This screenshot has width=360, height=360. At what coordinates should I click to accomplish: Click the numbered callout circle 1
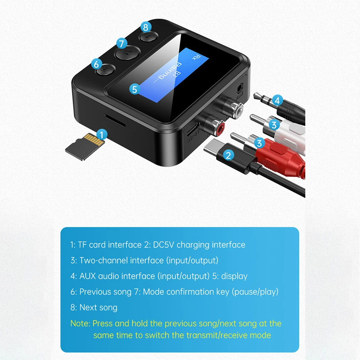tap(102, 134)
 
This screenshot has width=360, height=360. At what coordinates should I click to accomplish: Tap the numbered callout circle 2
tap(228, 155)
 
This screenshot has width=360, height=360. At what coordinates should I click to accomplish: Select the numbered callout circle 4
tap(277, 100)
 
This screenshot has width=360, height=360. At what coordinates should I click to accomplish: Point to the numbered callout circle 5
tap(135, 89)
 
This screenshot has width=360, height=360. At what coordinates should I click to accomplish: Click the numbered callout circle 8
tap(145, 27)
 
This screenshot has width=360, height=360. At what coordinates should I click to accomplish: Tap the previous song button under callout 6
tap(105, 69)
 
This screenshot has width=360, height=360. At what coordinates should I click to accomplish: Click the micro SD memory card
tap(85, 147)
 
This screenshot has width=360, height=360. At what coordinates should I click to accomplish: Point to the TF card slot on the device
tap(115, 120)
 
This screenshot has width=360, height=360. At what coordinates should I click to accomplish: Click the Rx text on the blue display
tap(196, 57)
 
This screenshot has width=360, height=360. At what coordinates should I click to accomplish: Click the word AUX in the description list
tap(87, 276)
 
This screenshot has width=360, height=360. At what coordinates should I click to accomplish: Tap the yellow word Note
tap(80, 323)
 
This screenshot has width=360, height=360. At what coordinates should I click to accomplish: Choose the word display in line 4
tap(234, 276)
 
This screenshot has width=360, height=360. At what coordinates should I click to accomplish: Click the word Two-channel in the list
tap(104, 260)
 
